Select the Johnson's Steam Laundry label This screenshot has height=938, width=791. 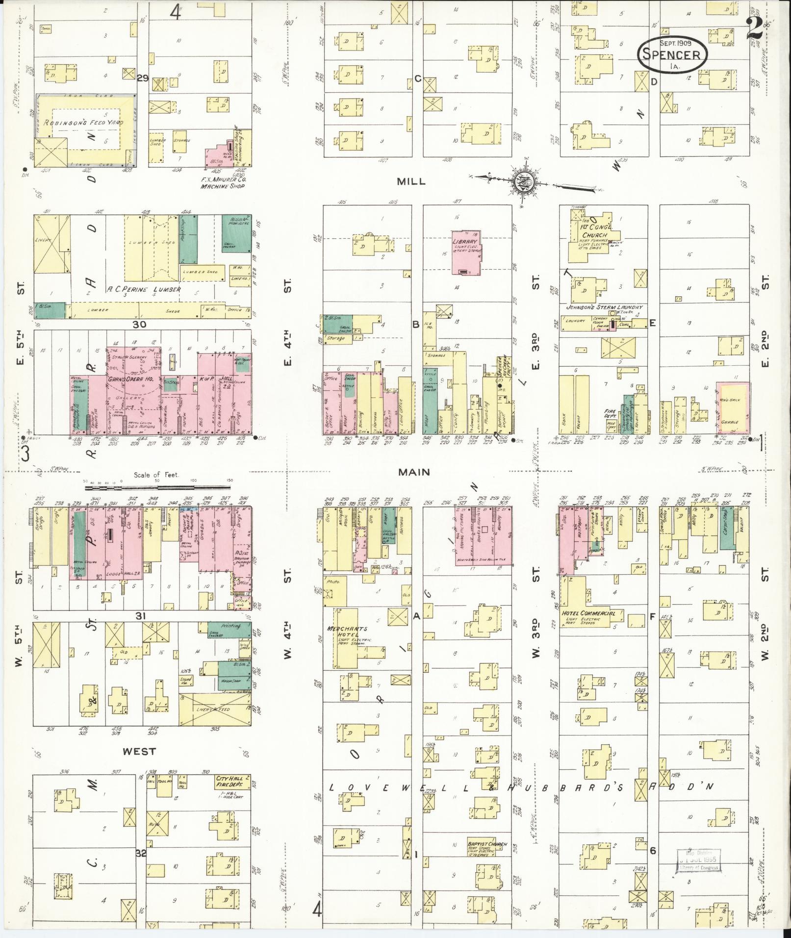coord(604,307)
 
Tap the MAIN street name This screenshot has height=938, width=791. coord(413,472)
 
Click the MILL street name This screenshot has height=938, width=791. coord(411,181)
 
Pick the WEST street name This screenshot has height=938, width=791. coord(139,751)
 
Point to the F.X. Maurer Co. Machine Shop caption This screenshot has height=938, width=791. coord(224,182)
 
